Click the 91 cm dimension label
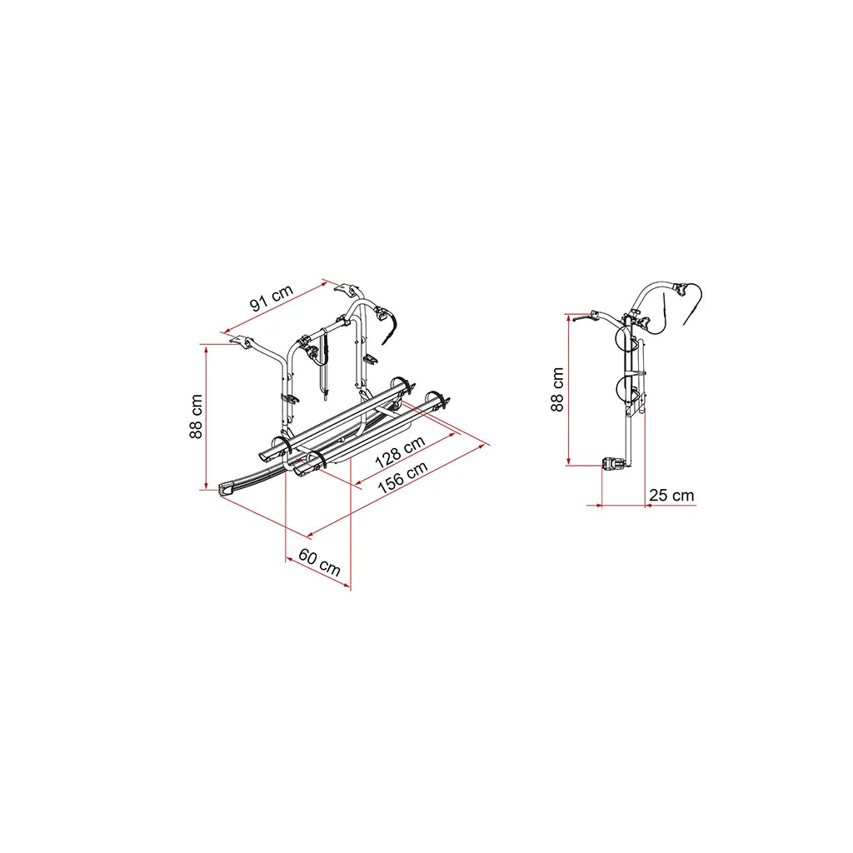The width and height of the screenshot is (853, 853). [x=272, y=298]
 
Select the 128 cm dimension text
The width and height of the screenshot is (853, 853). [x=400, y=452]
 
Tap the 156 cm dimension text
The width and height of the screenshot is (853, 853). [x=403, y=477]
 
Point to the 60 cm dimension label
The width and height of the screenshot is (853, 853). [x=319, y=562]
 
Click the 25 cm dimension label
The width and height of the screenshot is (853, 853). [x=671, y=495]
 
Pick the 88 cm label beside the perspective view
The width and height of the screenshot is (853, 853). [x=196, y=417]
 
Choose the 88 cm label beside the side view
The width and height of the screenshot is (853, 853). [x=557, y=390]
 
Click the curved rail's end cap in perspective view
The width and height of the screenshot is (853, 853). [x=226, y=488]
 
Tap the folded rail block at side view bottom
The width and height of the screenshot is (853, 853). [x=614, y=464]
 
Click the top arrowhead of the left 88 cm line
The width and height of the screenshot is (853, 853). [x=207, y=347]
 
